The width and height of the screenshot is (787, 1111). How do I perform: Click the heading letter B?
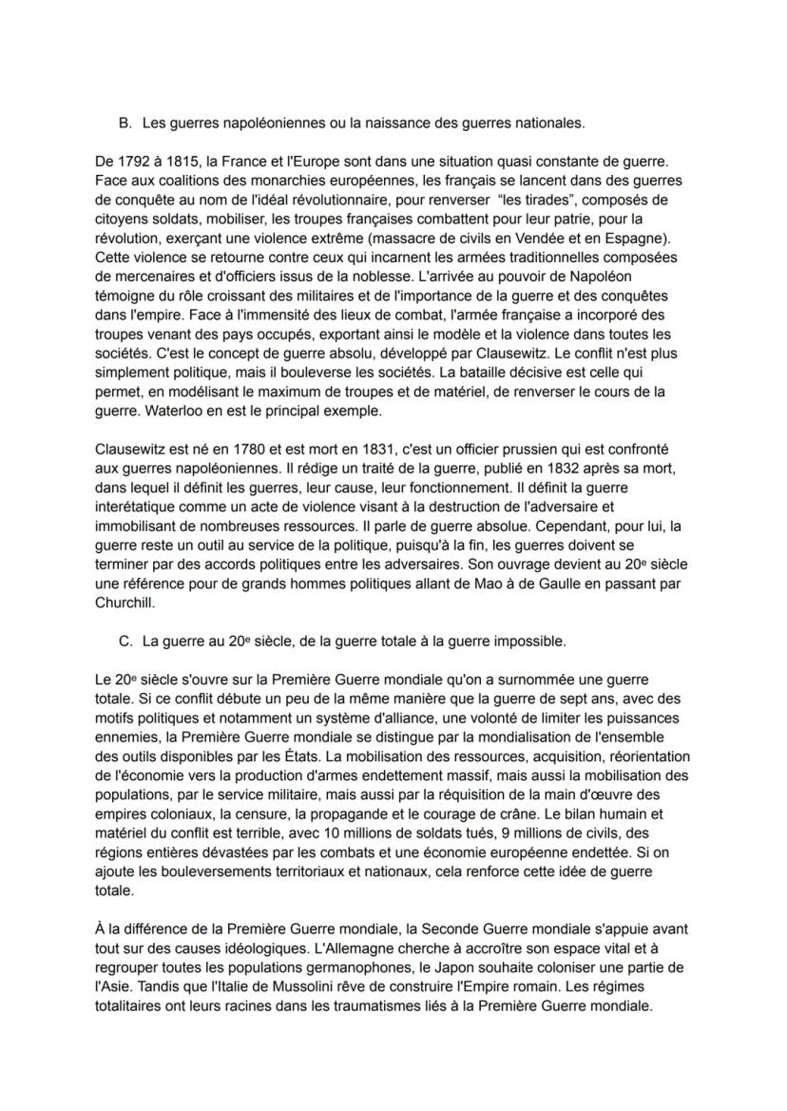click(x=123, y=124)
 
